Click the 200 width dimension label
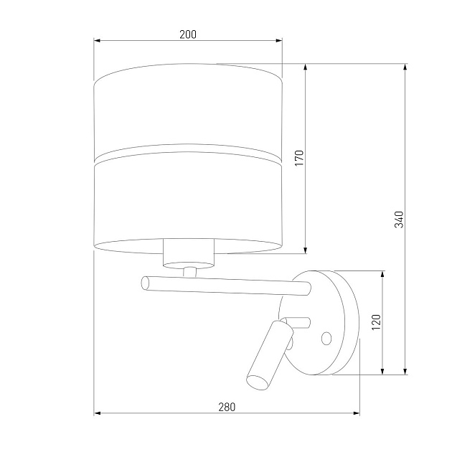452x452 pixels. pyautogui.click(x=188, y=34)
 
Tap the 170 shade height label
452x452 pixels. pyautogui.click(x=300, y=158)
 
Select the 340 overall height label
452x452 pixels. pyautogui.click(x=399, y=220)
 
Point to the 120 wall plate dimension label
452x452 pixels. pyautogui.click(x=376, y=322)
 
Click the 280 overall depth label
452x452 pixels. pyautogui.click(x=227, y=407)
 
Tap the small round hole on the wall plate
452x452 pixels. pyautogui.click(x=326, y=338)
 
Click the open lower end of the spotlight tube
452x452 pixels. pyautogui.click(x=258, y=382)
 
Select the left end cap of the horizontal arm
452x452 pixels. pyautogui.click(x=146, y=283)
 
